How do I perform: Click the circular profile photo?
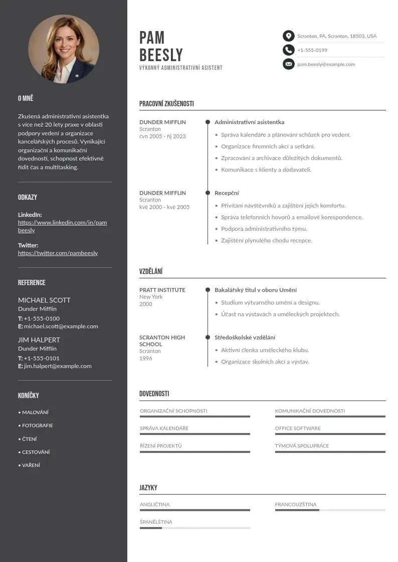tap(64, 49)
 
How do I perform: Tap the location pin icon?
tap(288, 36)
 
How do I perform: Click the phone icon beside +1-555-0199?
tap(288, 50)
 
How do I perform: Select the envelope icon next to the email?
tap(288, 64)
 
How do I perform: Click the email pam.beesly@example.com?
tap(326, 64)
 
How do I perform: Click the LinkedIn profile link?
tap(62, 226)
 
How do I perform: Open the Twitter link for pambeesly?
tap(58, 253)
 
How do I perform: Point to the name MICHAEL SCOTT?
tap(44, 300)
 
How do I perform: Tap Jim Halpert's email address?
tap(58, 366)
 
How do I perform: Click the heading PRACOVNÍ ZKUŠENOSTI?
tap(166, 104)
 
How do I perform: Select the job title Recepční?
tap(227, 193)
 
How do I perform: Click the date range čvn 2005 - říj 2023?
tap(162, 136)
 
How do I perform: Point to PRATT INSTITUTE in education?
tap(162, 290)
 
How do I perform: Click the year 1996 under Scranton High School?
tap(146, 358)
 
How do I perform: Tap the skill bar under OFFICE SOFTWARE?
tap(330, 434)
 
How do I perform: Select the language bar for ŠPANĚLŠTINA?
tap(194, 528)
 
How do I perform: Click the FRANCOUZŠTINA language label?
tap(296, 504)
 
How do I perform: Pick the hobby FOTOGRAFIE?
tap(37, 426)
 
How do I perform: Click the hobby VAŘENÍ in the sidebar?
tap(31, 465)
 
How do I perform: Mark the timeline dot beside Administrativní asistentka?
tap(208, 122)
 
